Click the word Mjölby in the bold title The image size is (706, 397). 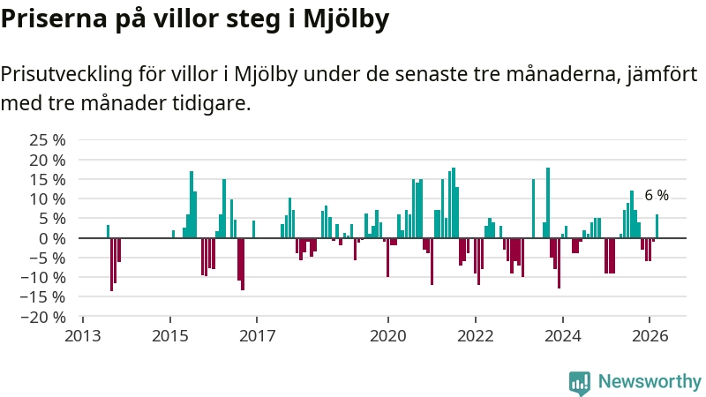(x=340, y=20)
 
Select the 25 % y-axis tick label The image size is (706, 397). (x=49, y=140)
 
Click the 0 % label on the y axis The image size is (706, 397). (x=54, y=238)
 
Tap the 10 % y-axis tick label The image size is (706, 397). (x=49, y=199)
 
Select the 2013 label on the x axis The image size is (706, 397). (x=83, y=336)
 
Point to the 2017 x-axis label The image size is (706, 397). (x=257, y=336)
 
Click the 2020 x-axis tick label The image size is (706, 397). (x=387, y=336)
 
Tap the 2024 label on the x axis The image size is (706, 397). (x=562, y=336)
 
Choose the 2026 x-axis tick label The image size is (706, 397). (x=650, y=336)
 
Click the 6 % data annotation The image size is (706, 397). (x=657, y=195)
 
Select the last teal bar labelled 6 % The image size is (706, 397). (x=657, y=227)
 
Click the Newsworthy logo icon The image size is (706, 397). (x=580, y=382)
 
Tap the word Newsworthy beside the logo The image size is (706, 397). (x=650, y=382)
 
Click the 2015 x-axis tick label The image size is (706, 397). (x=170, y=336)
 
